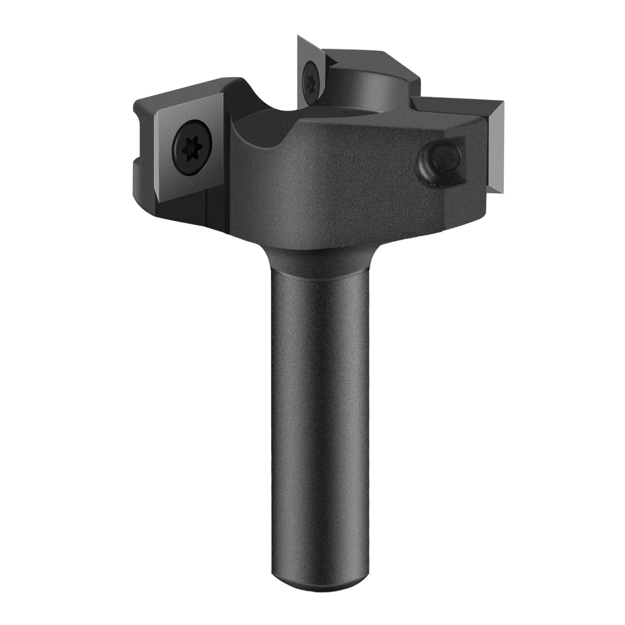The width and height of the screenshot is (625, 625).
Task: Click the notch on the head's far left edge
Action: coord(138,109)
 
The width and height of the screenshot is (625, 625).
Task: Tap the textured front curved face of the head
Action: coord(339,187)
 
